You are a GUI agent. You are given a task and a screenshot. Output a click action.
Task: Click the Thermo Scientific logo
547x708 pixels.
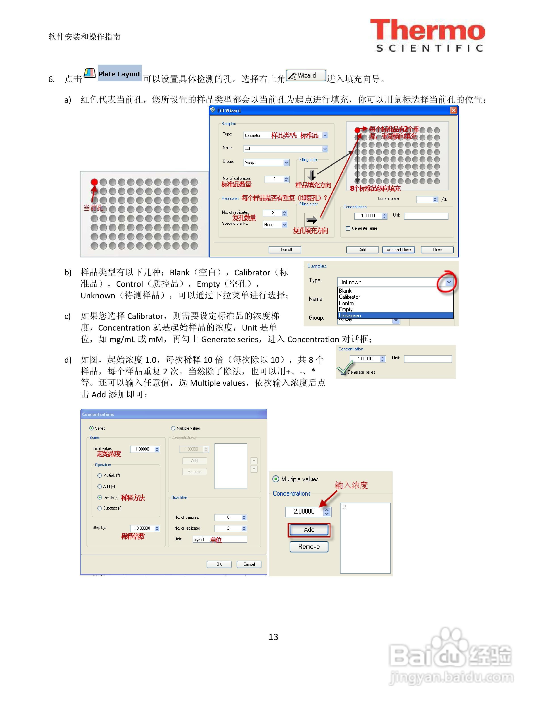pos(428,35)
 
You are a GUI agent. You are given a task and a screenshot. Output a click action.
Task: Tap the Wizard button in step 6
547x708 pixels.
pos(306,76)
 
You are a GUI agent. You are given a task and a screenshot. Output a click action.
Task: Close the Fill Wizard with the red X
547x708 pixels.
pos(453,111)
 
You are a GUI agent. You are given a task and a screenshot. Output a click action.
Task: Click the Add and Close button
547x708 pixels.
pos(398,250)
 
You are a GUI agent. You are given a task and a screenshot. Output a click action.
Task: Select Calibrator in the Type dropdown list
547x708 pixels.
pos(349,297)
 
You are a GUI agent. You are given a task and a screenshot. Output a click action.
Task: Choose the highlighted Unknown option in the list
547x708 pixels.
pos(350,315)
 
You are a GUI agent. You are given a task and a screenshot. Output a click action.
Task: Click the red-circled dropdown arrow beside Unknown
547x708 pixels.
pos(448,282)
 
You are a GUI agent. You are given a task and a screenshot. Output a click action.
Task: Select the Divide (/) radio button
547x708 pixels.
pos(100,497)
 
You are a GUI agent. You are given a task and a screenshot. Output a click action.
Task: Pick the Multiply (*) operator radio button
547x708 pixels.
pos(100,476)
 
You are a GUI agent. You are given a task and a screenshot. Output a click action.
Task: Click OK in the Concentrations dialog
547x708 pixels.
pos(219,564)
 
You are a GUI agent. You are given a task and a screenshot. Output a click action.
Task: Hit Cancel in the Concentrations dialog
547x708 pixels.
pos(249,564)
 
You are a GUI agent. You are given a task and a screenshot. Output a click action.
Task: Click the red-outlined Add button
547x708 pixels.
pos(309,529)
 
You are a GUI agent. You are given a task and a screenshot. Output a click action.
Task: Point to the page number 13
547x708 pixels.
pos(273,637)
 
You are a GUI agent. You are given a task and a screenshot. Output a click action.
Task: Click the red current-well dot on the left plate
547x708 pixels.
pos(94,182)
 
